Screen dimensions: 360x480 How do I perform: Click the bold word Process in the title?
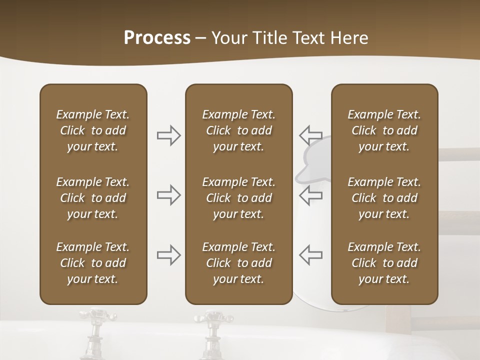click(157, 38)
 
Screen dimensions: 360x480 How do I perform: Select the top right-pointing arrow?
click(168, 135)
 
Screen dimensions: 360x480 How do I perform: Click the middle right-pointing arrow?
click(168, 195)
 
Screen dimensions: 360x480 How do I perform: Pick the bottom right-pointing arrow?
click(168, 255)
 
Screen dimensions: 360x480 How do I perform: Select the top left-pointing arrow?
click(310, 135)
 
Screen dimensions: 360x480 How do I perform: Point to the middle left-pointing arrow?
click(310, 195)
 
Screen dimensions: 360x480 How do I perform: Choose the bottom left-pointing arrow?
click(310, 255)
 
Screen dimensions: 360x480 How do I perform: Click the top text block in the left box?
click(93, 130)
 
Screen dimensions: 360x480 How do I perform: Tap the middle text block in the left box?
click(93, 198)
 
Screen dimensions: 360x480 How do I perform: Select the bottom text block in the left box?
click(93, 263)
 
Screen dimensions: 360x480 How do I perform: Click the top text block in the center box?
click(238, 130)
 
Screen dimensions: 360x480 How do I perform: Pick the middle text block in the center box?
click(238, 198)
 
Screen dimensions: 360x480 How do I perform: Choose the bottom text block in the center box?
click(238, 263)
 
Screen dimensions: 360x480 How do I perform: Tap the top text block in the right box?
click(384, 130)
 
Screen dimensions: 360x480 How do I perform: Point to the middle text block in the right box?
click(384, 198)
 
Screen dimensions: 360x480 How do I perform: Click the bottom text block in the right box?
click(384, 263)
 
